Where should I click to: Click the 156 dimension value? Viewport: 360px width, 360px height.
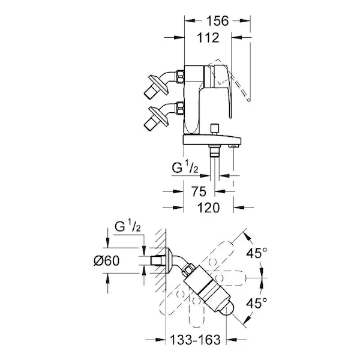click(x=218, y=21)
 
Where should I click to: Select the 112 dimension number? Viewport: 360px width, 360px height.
click(x=208, y=38)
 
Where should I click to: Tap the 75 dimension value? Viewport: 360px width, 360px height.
click(x=199, y=191)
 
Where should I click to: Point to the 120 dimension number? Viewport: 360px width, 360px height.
click(x=208, y=208)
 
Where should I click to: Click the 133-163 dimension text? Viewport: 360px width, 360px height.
click(x=196, y=340)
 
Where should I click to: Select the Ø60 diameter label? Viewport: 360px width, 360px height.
click(x=107, y=261)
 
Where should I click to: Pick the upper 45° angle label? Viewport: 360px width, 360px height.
click(x=257, y=253)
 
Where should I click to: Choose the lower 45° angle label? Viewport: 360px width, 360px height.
click(x=257, y=303)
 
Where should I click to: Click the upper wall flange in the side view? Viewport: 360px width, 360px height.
click(x=158, y=85)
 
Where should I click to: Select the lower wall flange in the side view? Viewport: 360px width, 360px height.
click(x=158, y=116)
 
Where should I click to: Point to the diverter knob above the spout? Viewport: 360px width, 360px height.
click(x=215, y=130)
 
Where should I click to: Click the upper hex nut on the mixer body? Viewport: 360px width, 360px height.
click(x=180, y=76)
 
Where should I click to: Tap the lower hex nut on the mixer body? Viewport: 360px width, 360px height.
click(x=180, y=108)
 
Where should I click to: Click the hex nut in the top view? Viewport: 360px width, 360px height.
click(x=189, y=269)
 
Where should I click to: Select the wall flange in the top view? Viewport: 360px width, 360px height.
click(x=169, y=261)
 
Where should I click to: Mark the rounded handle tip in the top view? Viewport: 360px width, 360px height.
click(x=227, y=309)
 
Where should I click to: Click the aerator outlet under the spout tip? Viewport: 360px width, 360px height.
click(x=233, y=146)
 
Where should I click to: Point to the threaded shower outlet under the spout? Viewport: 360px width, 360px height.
click(x=214, y=151)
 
